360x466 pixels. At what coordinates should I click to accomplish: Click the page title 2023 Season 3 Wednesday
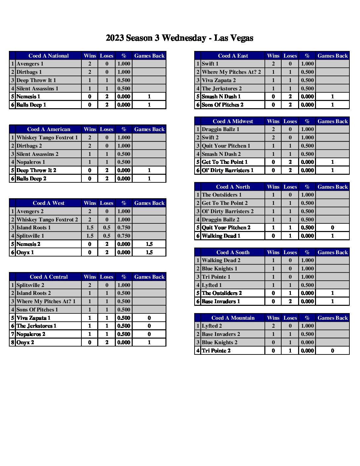(179, 38)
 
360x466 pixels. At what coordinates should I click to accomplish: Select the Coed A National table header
(49, 56)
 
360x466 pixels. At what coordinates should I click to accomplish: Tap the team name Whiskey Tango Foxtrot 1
(47, 137)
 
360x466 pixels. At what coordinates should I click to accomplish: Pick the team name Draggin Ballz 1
(220, 129)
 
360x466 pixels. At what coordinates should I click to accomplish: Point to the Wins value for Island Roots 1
(90, 227)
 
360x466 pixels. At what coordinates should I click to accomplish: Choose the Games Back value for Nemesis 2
(149, 244)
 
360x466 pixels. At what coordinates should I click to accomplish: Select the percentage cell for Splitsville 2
(124, 285)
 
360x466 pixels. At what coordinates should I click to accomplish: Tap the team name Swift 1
(210, 64)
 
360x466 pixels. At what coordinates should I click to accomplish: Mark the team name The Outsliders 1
(222, 195)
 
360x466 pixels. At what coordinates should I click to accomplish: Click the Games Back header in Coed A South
(333, 252)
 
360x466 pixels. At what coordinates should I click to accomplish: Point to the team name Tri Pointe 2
(216, 350)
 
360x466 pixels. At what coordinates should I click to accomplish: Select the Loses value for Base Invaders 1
(290, 301)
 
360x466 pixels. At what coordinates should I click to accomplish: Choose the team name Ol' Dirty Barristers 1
(228, 170)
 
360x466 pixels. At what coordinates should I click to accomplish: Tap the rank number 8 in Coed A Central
(13, 342)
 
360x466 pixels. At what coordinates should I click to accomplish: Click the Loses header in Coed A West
(107, 203)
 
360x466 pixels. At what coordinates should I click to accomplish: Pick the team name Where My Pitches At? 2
(231, 72)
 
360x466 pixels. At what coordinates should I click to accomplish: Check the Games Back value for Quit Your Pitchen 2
(333, 227)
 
